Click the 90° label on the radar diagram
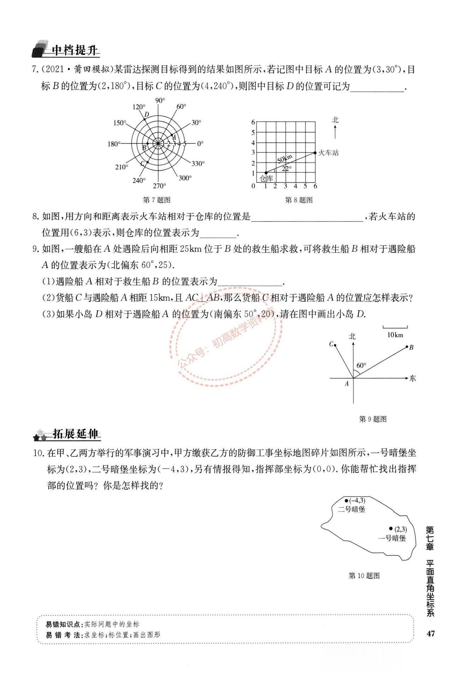click(x=160, y=101)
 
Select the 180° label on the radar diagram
click(x=114, y=144)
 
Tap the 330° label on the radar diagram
click(x=198, y=164)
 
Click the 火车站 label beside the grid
click(x=328, y=153)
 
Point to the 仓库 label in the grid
click(x=266, y=178)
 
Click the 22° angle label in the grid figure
click(x=286, y=168)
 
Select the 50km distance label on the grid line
click(x=285, y=159)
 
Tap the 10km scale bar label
click(x=395, y=335)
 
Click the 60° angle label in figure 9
click(x=361, y=365)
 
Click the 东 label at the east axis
click(x=412, y=378)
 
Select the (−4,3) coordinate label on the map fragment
click(x=357, y=500)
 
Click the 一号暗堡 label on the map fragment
click(x=392, y=548)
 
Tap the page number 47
click(x=430, y=633)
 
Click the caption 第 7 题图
click(x=156, y=200)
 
